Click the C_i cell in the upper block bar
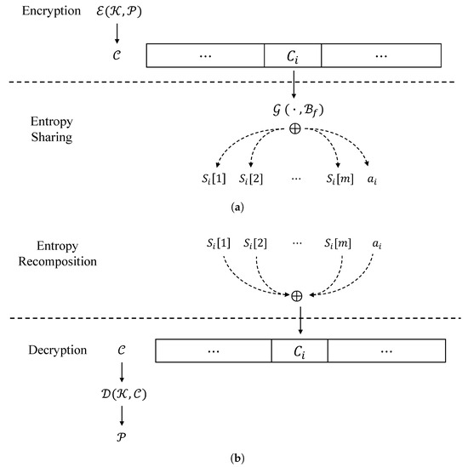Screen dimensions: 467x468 pos(294,56)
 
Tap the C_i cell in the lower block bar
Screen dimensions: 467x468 pos(300,350)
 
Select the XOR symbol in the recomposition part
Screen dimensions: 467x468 pos(297,295)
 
